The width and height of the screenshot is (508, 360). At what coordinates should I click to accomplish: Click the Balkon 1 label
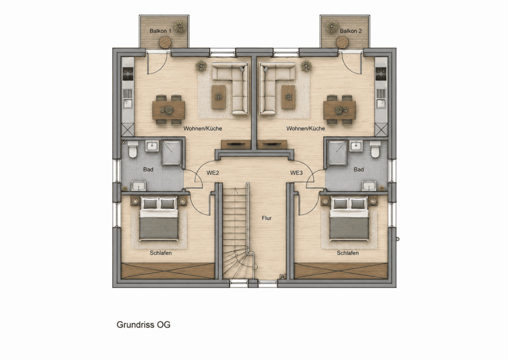point(160,31)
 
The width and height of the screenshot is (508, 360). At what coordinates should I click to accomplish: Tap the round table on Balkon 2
point(342,42)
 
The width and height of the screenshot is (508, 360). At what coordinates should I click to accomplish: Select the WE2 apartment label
point(213,173)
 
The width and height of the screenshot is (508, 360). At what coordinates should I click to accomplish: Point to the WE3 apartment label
point(296,173)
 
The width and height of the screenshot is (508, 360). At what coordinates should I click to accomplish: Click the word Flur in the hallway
point(266,218)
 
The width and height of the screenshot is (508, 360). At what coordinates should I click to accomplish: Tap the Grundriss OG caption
point(143,325)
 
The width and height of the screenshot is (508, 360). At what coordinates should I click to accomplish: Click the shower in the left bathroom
point(172,153)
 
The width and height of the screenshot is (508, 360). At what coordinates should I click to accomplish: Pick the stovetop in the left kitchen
point(128,73)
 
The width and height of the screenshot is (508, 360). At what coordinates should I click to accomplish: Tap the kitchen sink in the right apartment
point(381,104)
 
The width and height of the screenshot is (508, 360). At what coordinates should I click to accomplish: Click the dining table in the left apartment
point(169,110)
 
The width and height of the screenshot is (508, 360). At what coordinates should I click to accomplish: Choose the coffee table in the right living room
point(288,97)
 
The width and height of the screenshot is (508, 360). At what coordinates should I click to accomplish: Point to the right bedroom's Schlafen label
point(348,253)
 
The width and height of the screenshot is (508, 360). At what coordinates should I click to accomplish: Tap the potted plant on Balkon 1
point(180,26)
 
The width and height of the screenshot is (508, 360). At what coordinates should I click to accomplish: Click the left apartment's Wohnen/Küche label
point(203,129)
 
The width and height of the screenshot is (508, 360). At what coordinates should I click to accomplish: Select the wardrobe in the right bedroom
point(341,271)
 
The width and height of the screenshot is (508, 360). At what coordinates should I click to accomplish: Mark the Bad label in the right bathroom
point(359,169)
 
